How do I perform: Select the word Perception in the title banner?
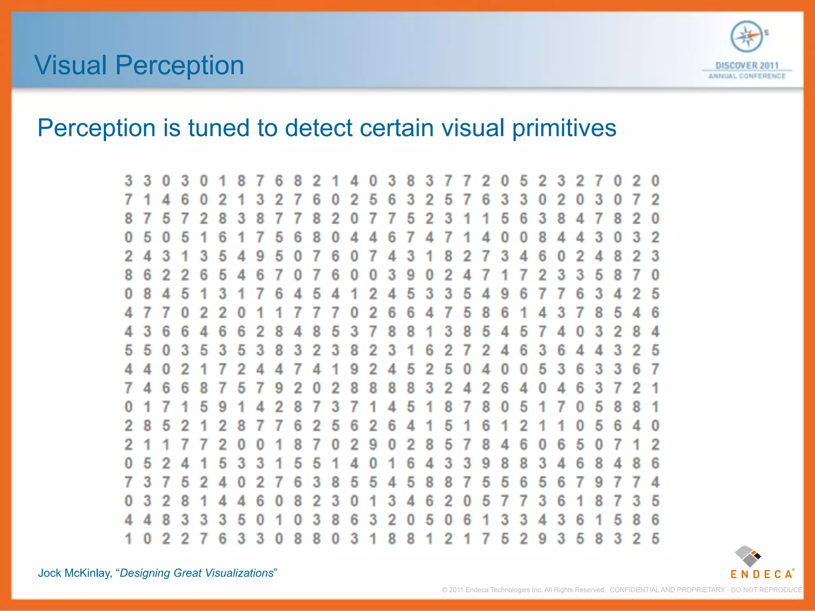click(x=179, y=66)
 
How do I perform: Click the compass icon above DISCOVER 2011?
click(x=747, y=37)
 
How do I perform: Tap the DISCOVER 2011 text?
click(x=747, y=65)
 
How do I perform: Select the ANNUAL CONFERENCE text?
click(x=747, y=76)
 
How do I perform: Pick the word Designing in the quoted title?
click(x=145, y=573)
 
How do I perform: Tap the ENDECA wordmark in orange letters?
click(x=761, y=574)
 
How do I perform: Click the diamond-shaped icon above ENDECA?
click(x=747, y=556)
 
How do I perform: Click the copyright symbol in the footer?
click(x=445, y=590)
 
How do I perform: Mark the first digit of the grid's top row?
click(x=128, y=181)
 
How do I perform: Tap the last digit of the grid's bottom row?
click(x=655, y=539)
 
